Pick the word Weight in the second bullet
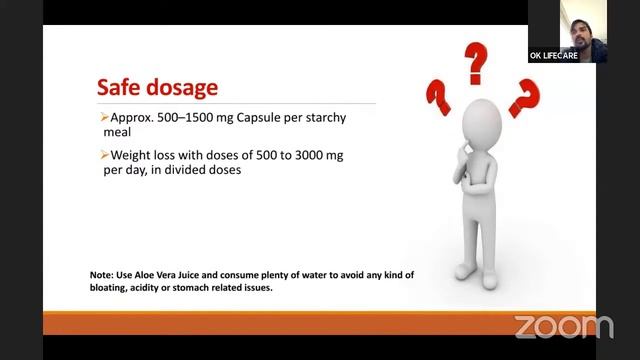pos(132,155)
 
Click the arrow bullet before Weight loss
pos(104,155)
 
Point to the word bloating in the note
pos(114,288)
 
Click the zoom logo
pos(563,326)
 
